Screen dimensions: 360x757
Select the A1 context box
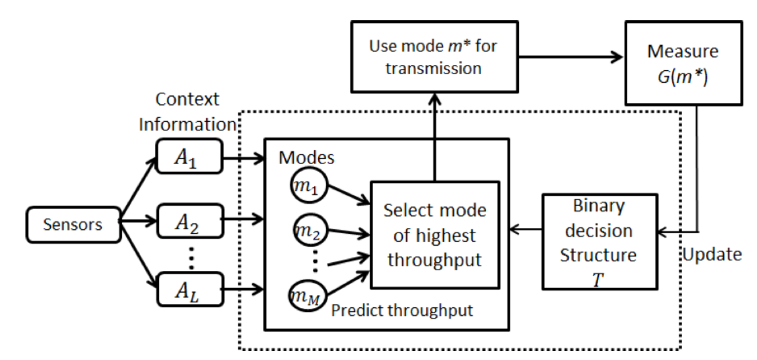(x=188, y=156)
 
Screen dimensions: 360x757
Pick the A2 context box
(x=188, y=218)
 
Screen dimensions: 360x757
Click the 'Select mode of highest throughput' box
(x=435, y=234)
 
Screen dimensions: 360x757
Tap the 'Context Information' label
(x=188, y=112)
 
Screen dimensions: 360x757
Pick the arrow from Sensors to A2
(x=138, y=219)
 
